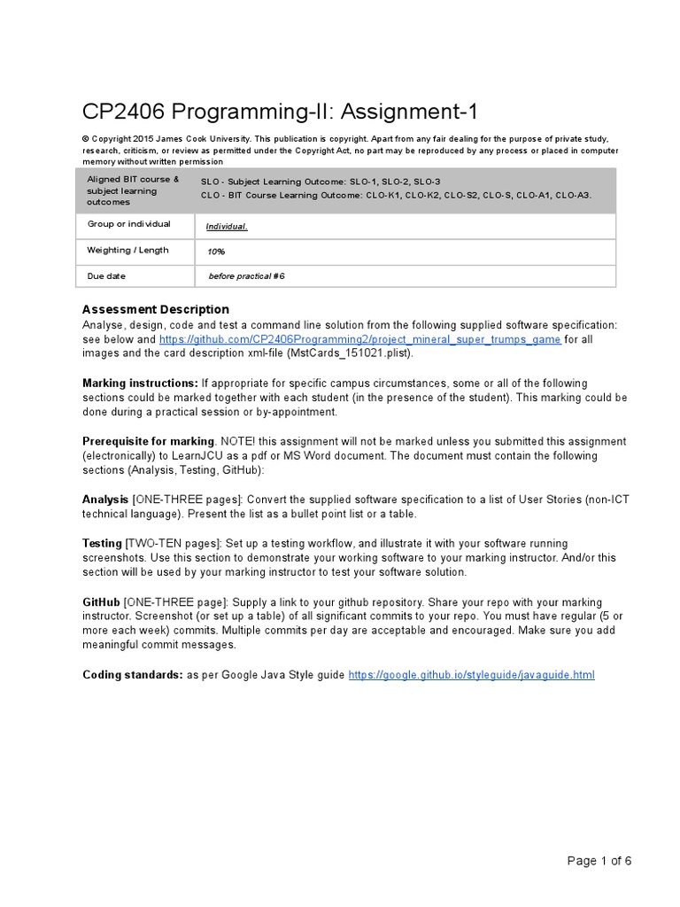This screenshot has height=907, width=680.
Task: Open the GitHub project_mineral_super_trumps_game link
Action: coord(359,339)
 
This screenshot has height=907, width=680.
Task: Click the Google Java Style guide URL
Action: coord(471,675)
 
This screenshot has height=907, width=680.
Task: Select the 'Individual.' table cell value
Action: coord(227,227)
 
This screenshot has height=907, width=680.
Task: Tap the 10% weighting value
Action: coord(216,252)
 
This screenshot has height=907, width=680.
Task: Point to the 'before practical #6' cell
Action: coord(246,276)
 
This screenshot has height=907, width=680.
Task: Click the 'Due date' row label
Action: coord(106,276)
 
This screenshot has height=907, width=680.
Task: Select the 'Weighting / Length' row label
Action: coord(127,251)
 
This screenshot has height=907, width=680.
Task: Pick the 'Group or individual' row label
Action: coord(128,224)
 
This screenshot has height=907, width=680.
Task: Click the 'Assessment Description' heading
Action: coord(155,310)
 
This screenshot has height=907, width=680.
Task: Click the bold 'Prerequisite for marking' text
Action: coord(149,441)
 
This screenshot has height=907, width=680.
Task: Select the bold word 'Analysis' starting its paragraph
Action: coord(105,500)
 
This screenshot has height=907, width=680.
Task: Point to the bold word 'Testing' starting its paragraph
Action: coord(102,543)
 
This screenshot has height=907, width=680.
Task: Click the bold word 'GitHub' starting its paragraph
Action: coord(101,601)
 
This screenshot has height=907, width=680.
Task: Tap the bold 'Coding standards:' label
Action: coord(132,675)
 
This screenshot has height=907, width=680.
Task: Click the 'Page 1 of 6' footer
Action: coord(599,860)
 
